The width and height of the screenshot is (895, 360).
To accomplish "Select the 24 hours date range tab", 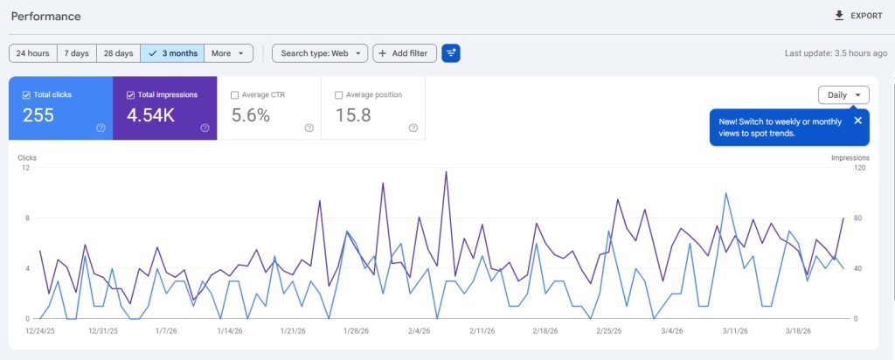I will [32, 53].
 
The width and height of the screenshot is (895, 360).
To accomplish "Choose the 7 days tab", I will [76, 53].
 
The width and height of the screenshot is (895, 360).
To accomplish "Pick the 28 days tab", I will [118, 53].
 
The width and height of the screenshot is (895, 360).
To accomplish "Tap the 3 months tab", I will [172, 53].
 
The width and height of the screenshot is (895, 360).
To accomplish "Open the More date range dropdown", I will [228, 53].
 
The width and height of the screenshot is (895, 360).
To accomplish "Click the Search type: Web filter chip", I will [320, 53].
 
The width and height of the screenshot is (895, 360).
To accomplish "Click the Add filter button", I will [405, 53].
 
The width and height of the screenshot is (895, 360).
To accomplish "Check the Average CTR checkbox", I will [235, 94].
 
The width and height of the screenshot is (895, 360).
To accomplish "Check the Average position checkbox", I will [339, 94].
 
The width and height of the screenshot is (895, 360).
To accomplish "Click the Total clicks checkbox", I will [26, 94].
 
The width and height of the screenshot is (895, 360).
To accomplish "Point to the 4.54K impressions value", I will [151, 115].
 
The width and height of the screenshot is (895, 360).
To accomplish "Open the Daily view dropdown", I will [843, 94].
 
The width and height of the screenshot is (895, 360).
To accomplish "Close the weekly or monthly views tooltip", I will [857, 121].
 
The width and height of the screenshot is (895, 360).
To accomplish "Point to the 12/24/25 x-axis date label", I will [40, 331].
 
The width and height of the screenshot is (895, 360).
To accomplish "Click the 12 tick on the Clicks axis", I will [26, 168].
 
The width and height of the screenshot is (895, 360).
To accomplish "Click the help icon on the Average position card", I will [413, 128].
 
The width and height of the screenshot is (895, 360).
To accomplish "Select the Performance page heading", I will [45, 16].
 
